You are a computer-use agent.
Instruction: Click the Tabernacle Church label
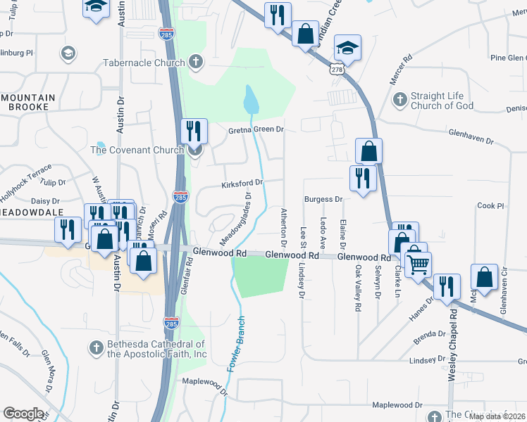coord(143,63)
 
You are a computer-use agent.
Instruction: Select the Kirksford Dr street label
coord(242,183)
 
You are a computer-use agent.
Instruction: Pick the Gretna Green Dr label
coord(255,130)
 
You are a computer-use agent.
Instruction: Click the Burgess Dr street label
coord(323,200)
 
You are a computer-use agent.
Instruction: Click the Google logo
coord(23,414)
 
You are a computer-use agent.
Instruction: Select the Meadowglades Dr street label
coord(237,219)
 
